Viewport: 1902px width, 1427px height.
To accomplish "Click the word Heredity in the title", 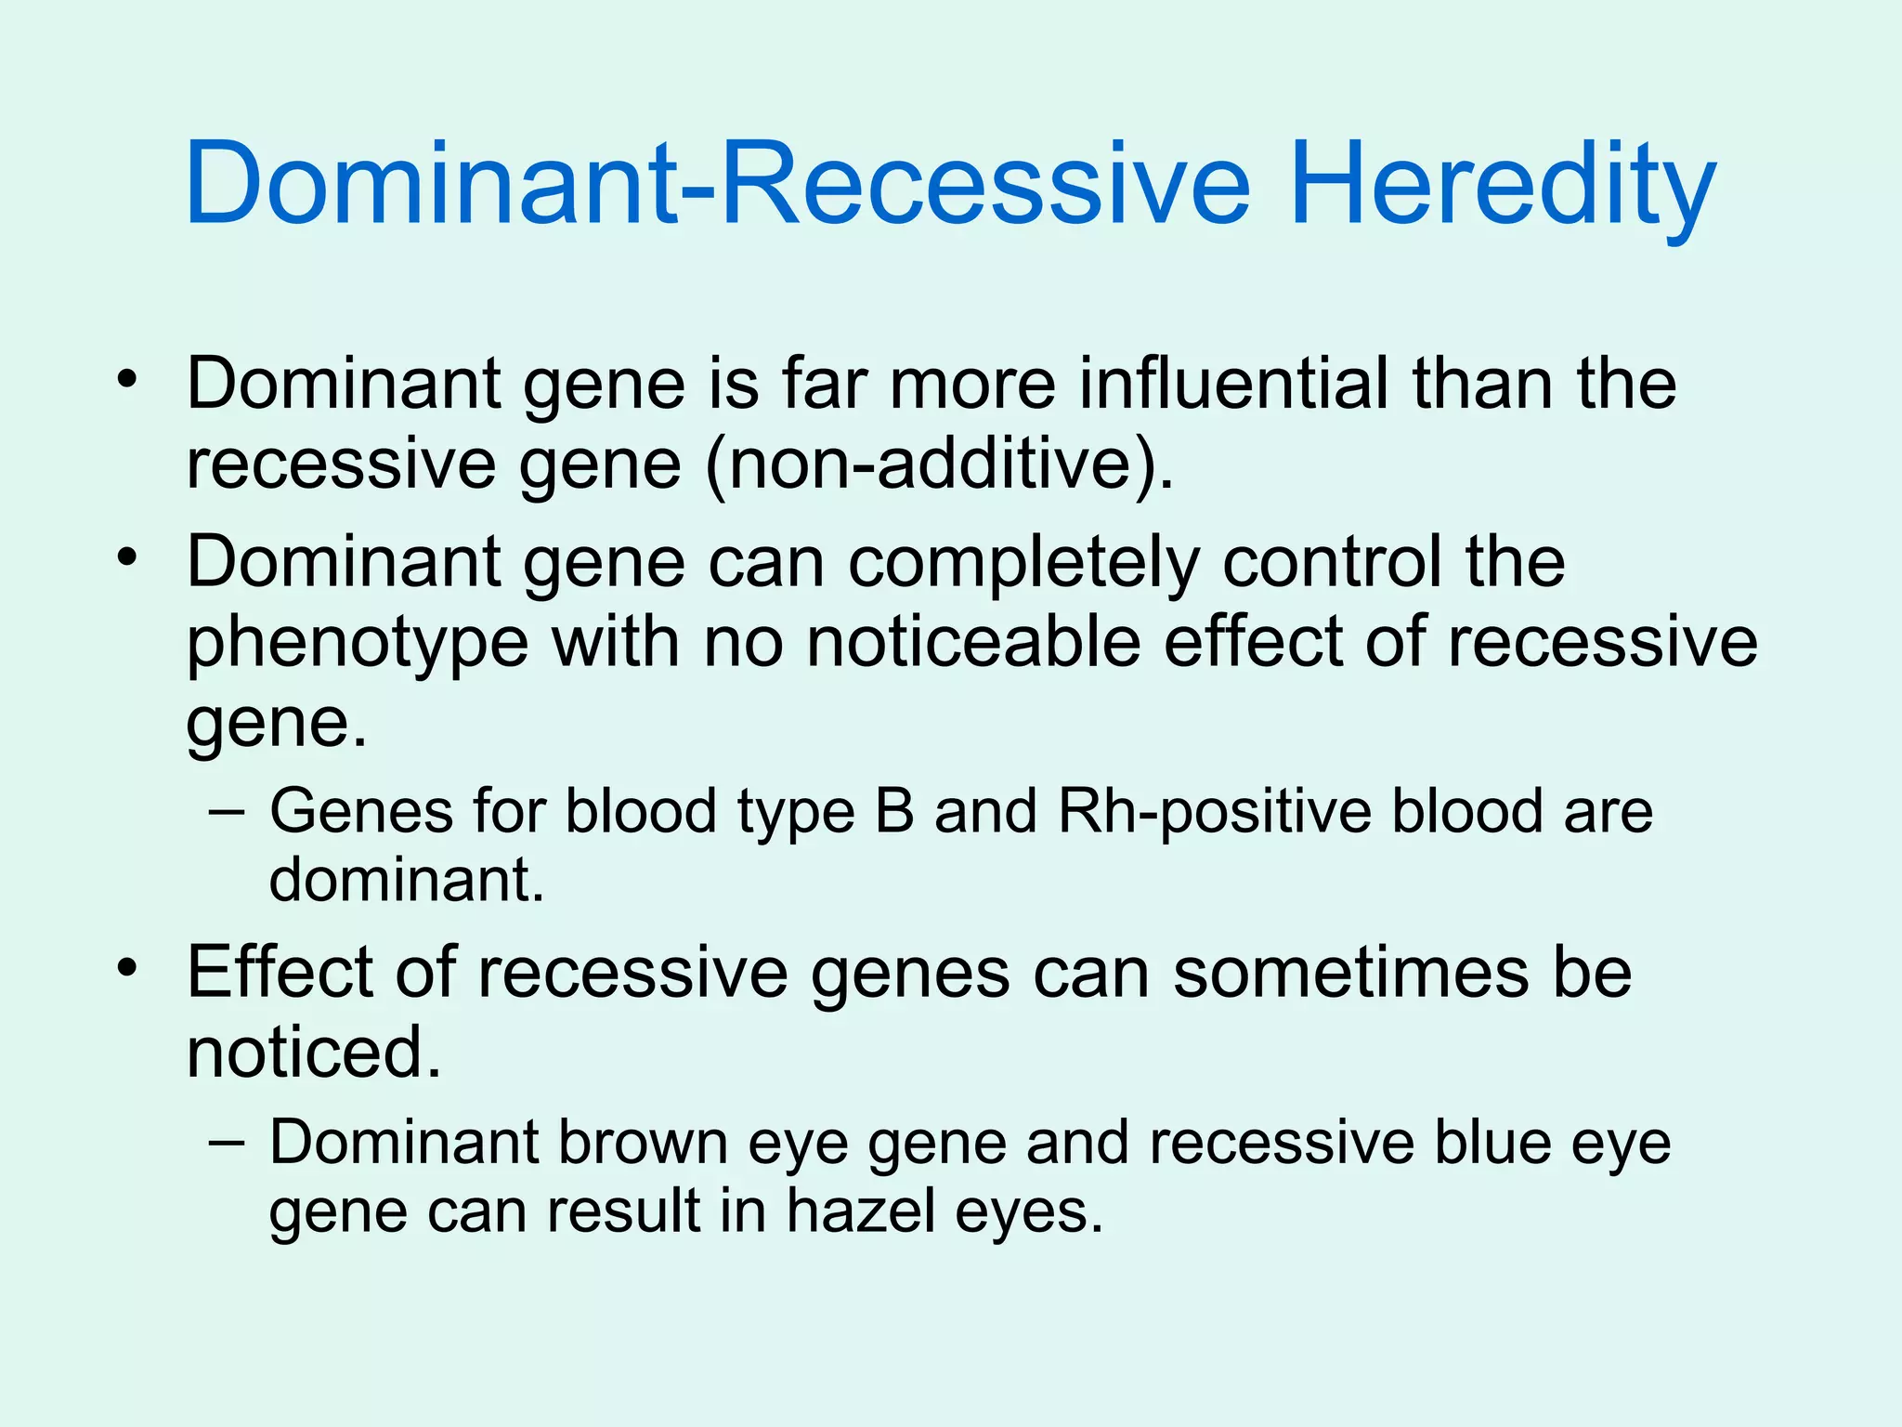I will point(1503,186).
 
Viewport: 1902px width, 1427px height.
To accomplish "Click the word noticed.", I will point(313,1053).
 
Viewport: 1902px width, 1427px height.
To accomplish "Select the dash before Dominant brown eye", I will point(228,1144).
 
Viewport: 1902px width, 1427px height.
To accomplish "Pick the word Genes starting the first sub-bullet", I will point(361,811).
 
